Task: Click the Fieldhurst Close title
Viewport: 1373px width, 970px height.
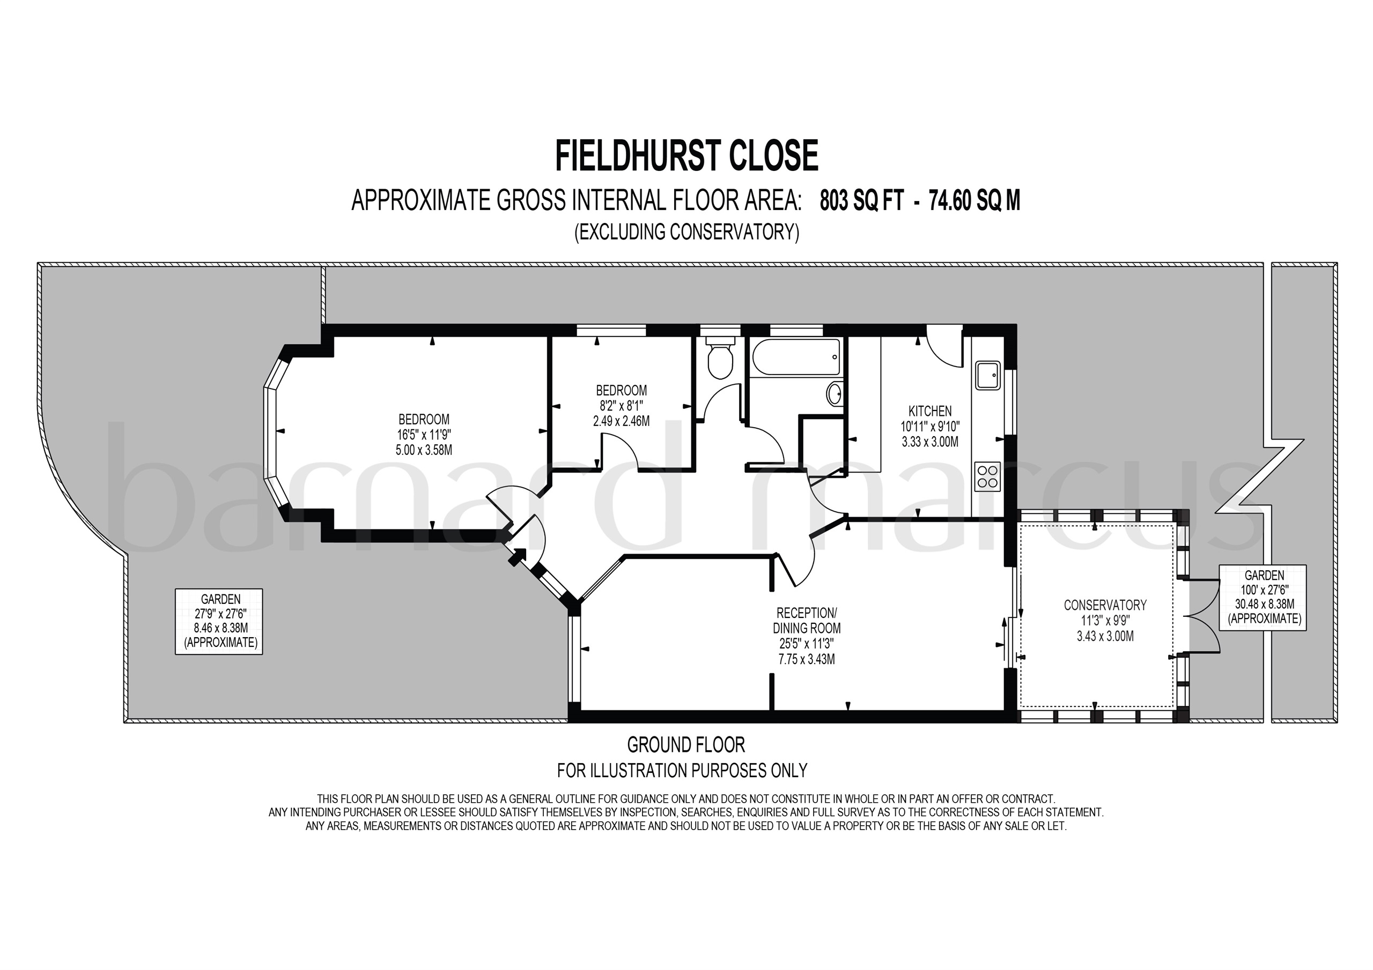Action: point(686,156)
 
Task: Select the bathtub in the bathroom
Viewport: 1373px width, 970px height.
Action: point(796,357)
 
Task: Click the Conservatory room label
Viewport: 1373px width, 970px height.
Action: point(1105,605)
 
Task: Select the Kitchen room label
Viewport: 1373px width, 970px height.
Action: point(930,411)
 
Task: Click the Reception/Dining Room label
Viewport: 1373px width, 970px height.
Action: point(807,621)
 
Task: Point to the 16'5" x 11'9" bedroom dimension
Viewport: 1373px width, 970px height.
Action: point(424,435)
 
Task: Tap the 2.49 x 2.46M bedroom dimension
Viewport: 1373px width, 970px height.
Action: point(621,421)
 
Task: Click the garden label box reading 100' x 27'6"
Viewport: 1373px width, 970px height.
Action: point(1264,597)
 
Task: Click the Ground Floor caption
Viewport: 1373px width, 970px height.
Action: point(686,745)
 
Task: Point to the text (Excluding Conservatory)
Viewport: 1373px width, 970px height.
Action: point(686,232)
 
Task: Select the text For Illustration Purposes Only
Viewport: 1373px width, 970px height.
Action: point(682,771)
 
